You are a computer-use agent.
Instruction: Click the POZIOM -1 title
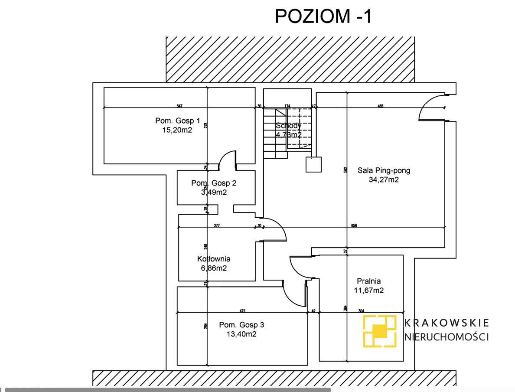point(323,16)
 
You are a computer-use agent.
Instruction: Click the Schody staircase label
point(288,126)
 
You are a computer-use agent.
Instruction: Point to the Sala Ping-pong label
point(384,170)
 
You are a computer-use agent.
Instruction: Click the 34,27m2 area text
point(384,180)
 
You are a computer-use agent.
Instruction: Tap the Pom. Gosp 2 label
point(214,183)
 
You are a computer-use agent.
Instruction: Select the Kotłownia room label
point(214,259)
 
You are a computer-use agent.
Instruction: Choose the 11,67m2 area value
point(369,290)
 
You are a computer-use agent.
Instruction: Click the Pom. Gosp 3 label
point(241,325)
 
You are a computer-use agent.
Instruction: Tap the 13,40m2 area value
point(241,334)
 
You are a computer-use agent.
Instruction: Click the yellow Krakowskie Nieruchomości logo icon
point(380,331)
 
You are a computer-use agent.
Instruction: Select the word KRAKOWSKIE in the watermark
point(447,323)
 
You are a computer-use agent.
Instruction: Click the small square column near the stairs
point(313,164)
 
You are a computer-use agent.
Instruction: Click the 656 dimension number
point(355,225)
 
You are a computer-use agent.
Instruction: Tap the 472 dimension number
point(242,310)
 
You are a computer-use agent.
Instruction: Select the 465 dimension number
point(381,105)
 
